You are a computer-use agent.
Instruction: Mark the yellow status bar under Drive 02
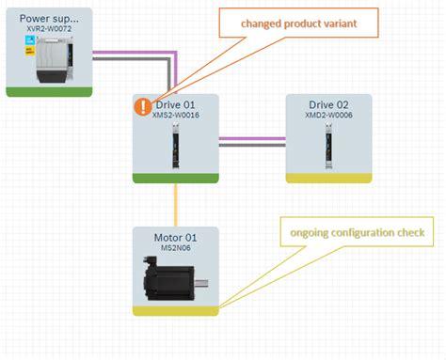[x=328, y=178]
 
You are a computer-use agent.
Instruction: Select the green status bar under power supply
[x=49, y=91]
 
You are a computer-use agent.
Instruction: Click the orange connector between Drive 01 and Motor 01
[x=175, y=204]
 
